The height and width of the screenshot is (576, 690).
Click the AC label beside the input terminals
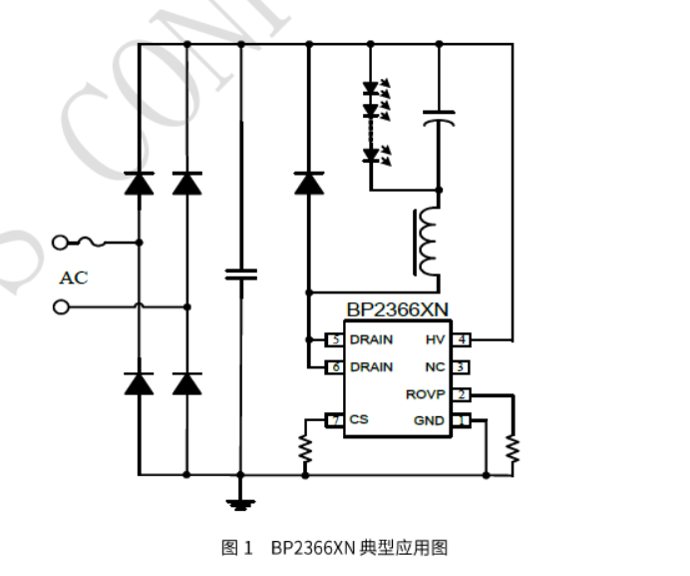coord(73,278)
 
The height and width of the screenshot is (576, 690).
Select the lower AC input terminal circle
coord(61,307)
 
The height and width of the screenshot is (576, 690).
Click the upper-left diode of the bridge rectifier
coord(139,183)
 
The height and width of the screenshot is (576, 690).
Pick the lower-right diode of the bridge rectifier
coord(185,383)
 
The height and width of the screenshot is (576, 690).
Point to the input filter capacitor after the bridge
coord(240,273)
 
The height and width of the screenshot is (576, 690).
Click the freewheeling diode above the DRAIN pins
coord(308,183)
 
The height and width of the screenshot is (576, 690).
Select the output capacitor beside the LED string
coord(439,119)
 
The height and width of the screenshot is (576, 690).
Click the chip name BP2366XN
coord(397,310)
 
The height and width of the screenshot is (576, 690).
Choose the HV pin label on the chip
coord(435,339)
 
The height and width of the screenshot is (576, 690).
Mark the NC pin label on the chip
coord(435,366)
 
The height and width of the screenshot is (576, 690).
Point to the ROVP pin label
coord(425,394)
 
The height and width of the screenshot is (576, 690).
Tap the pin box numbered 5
coord(335,339)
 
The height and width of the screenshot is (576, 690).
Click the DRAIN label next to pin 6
coord(371,366)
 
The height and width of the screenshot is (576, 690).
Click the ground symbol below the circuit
coord(239,503)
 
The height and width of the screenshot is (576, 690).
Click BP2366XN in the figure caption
coord(312,548)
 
